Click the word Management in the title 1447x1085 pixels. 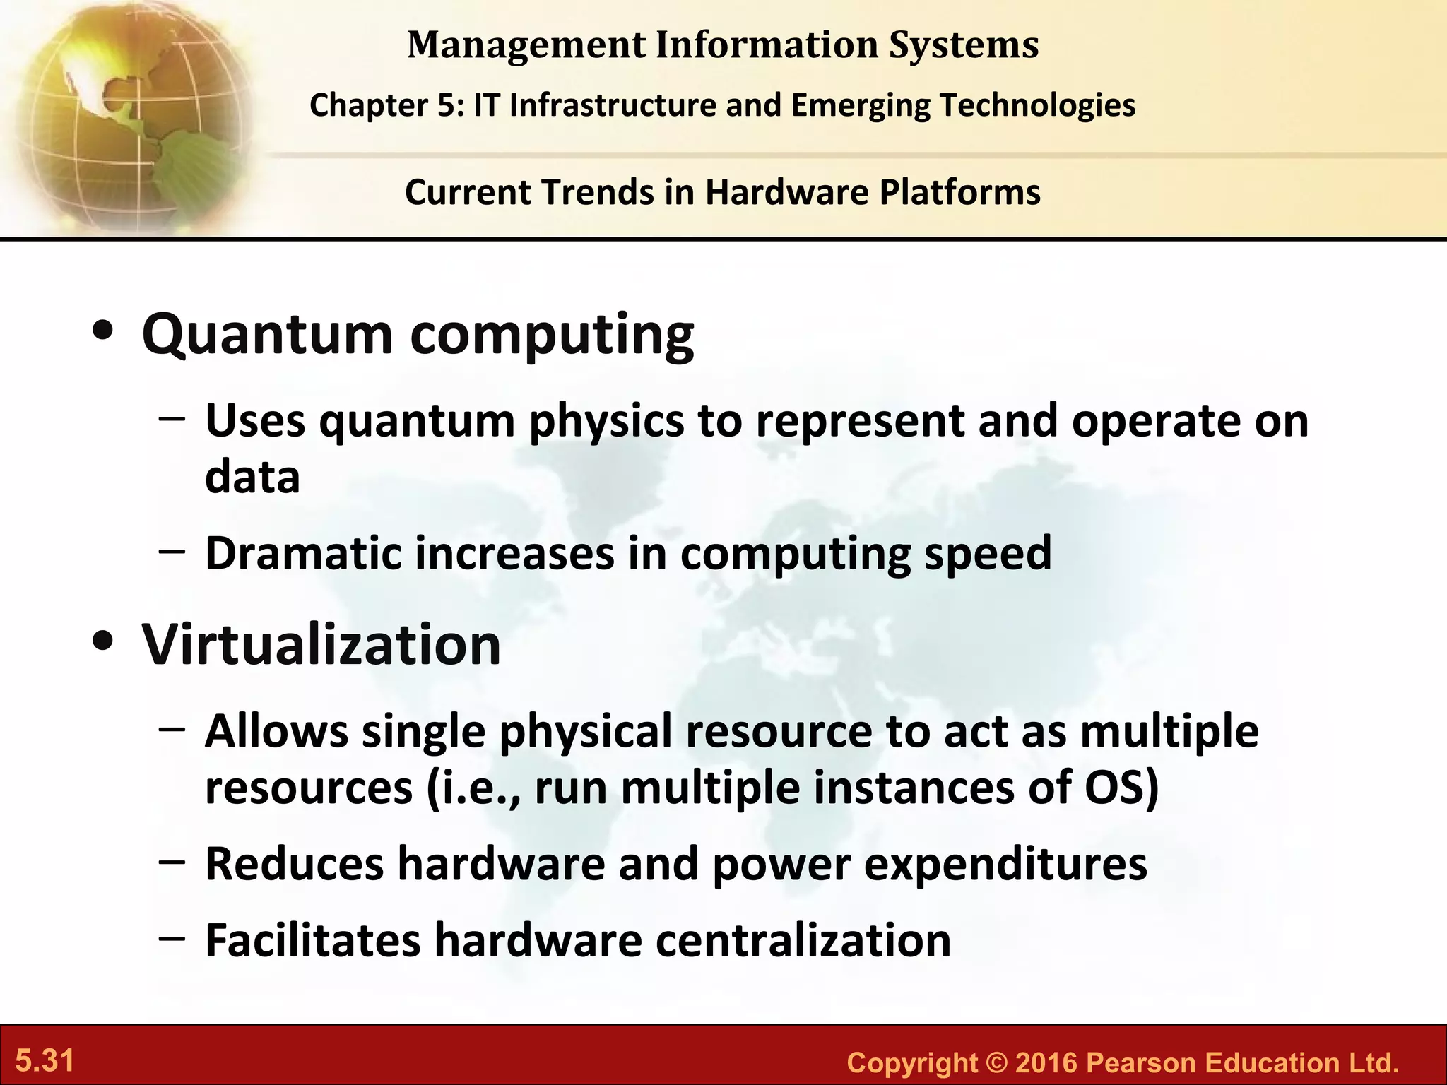pos(526,45)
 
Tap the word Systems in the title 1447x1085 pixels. pos(964,45)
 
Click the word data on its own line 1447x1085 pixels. pos(252,478)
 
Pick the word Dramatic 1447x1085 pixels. pos(303,553)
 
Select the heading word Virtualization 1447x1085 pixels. pos(321,645)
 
